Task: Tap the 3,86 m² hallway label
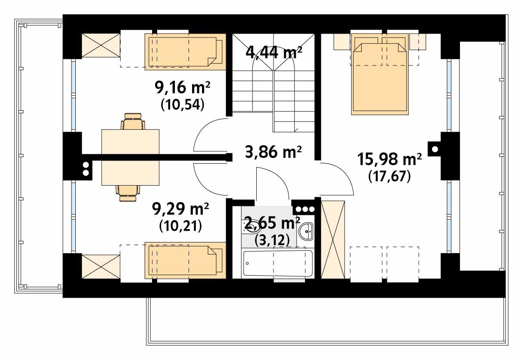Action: (273, 152)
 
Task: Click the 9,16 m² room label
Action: (182, 88)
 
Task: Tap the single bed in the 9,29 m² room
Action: (185, 260)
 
